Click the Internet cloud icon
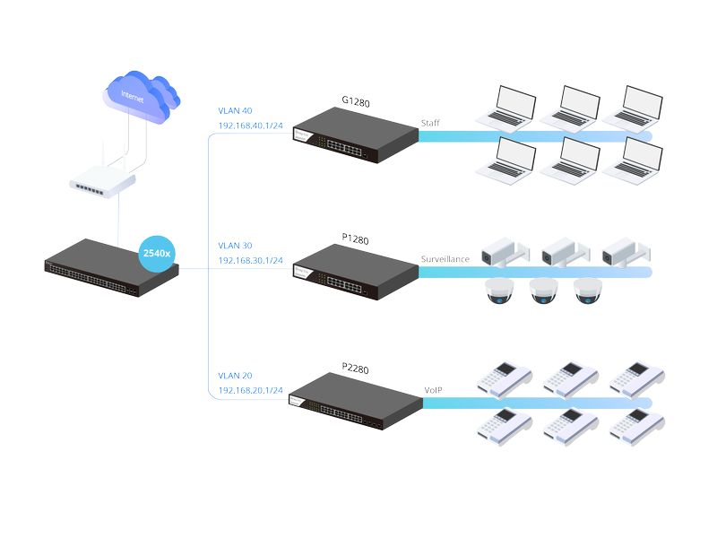click(136, 94)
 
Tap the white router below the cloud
click(103, 182)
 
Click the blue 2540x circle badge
click(160, 255)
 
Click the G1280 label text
click(356, 102)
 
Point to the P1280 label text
click(356, 239)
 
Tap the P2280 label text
click(356, 367)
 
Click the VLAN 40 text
click(235, 111)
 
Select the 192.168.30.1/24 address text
click(250, 260)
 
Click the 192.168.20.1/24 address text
click(250, 391)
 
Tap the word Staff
click(431, 124)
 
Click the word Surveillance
click(445, 259)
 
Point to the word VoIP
click(434, 391)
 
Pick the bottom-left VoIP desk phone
click(504, 425)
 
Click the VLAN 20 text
click(235, 376)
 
